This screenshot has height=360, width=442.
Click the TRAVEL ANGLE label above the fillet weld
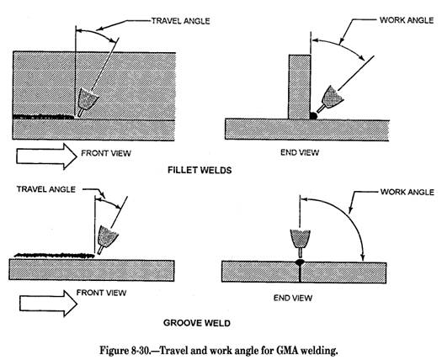181,21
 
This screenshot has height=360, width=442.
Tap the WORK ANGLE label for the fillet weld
407,20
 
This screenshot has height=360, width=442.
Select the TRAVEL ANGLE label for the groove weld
46,189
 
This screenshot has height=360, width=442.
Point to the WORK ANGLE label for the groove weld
407,192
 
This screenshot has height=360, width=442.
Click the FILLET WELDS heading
200,170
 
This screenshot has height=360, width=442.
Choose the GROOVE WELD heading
197,323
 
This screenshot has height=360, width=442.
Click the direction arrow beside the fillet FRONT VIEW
46,156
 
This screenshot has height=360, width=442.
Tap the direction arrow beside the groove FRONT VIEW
48,304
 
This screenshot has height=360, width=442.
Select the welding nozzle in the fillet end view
330,99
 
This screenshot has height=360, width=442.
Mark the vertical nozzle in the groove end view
301,243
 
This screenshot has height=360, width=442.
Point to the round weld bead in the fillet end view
313,115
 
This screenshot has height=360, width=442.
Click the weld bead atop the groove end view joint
300,262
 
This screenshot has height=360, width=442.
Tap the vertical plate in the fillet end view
300,87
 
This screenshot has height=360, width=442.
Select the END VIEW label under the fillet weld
300,153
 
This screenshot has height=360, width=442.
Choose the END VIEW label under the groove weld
293,298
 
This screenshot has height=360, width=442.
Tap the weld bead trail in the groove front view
55,256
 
